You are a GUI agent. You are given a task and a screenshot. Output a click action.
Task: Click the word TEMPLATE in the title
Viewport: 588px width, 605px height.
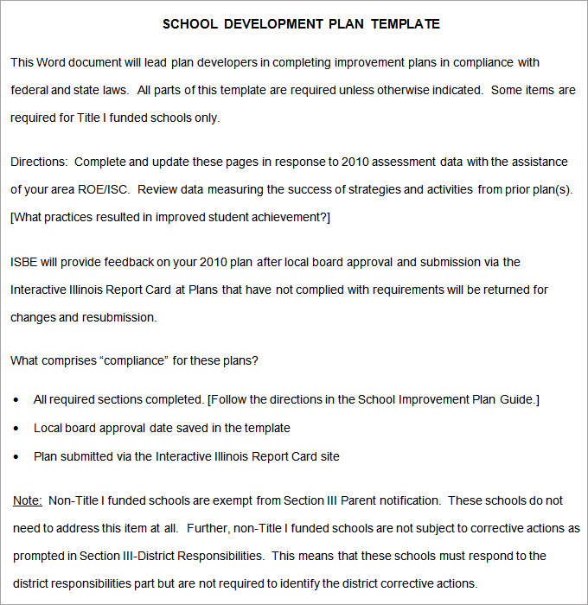tap(406, 24)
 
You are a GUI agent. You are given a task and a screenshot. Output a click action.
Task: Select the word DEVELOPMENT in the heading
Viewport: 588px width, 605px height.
tap(272, 24)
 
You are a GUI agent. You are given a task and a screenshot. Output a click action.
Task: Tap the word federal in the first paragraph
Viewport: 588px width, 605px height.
tap(30, 90)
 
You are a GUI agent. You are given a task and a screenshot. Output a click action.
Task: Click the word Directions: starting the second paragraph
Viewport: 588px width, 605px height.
tap(39, 162)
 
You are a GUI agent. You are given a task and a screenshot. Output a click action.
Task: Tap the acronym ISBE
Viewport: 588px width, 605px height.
tap(25, 262)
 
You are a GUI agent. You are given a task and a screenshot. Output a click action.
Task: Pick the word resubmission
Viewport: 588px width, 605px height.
tap(119, 317)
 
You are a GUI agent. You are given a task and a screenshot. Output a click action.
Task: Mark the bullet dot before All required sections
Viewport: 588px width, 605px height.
tap(18, 400)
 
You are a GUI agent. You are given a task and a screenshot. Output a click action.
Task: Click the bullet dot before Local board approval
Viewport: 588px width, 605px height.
tap(18, 428)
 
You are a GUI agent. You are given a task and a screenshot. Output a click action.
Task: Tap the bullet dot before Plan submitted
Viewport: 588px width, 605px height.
tap(18, 456)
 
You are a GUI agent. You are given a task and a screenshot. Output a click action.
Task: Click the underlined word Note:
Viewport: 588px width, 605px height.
tap(28, 500)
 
